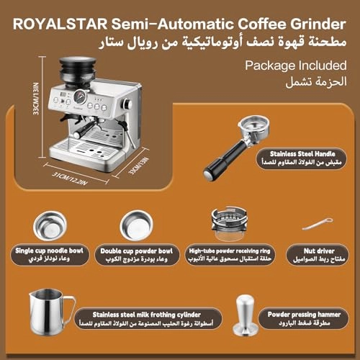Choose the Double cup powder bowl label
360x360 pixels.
click(x=136, y=253)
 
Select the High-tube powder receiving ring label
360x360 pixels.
click(x=225, y=253)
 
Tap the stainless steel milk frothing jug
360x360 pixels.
click(x=51, y=314)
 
